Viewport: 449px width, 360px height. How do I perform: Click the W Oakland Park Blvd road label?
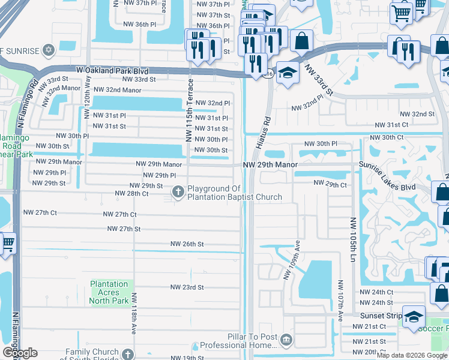[x=113, y=70]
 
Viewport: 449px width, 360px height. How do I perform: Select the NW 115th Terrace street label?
[x=189, y=110]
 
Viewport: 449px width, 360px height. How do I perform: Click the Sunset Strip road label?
[x=379, y=315]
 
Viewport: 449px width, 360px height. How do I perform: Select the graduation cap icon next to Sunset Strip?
[x=414, y=316]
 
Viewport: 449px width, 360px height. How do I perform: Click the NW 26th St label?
[x=187, y=244]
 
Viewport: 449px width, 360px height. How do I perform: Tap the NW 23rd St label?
[x=187, y=287]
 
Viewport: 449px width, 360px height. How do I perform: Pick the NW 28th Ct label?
[x=131, y=194]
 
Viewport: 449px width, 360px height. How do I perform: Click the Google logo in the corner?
[x=19, y=353]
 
